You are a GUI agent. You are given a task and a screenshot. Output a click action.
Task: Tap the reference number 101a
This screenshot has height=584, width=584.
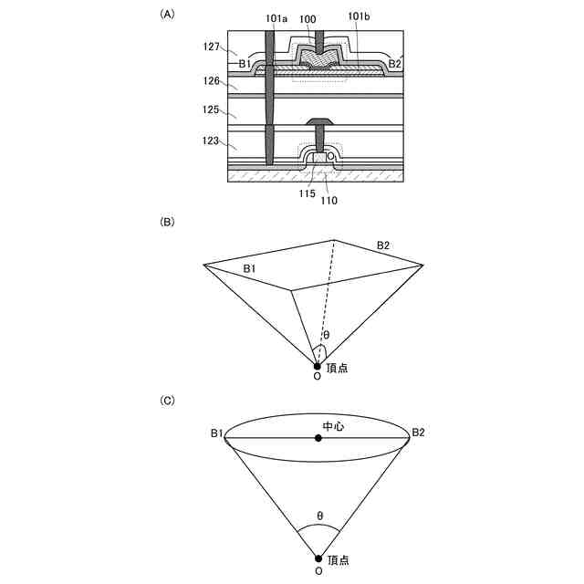point(276,17)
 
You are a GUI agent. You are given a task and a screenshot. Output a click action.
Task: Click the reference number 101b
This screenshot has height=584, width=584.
point(360,17)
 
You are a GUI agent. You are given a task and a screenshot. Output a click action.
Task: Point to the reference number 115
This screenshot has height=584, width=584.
point(306,193)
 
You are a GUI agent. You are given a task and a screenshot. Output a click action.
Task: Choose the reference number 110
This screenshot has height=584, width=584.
point(328,199)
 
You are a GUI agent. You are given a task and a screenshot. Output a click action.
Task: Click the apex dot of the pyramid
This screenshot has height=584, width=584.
point(318,365)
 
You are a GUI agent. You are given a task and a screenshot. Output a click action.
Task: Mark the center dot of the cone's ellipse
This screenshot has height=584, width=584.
point(318,438)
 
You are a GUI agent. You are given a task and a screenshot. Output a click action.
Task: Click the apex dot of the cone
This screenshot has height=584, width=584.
point(318,558)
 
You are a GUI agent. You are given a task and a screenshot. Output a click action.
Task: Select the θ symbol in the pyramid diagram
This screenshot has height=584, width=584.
point(326,335)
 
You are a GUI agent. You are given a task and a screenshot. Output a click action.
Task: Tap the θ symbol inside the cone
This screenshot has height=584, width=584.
point(319,516)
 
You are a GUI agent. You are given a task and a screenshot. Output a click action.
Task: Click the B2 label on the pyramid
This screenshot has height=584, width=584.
point(384,245)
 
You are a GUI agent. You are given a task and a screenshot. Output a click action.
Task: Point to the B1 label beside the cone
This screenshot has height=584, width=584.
point(217,433)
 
